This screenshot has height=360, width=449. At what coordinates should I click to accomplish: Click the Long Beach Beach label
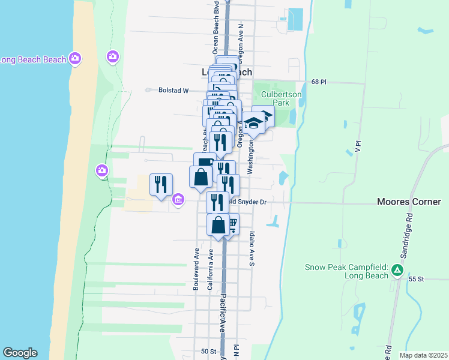(x=32, y=59)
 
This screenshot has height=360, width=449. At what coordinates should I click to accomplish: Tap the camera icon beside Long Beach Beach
(x=75, y=58)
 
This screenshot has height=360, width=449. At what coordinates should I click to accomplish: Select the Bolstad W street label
(x=173, y=91)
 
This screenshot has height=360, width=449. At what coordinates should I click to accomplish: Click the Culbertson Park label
(x=276, y=98)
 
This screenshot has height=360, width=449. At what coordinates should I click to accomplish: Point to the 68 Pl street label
(x=318, y=82)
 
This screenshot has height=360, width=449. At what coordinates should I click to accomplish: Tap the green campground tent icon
(x=396, y=271)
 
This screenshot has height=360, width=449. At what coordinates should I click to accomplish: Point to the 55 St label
(x=416, y=279)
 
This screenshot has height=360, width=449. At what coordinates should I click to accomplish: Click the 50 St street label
(x=208, y=351)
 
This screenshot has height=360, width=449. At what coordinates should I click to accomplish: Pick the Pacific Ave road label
(x=221, y=312)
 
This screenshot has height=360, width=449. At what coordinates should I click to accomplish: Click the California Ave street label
(x=210, y=271)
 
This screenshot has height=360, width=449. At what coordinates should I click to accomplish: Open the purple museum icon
(x=178, y=199)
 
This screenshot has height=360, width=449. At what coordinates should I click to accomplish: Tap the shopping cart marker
(x=232, y=223)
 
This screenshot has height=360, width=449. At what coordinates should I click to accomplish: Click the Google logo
(x=20, y=353)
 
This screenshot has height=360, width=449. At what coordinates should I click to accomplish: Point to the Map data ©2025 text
(x=423, y=355)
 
